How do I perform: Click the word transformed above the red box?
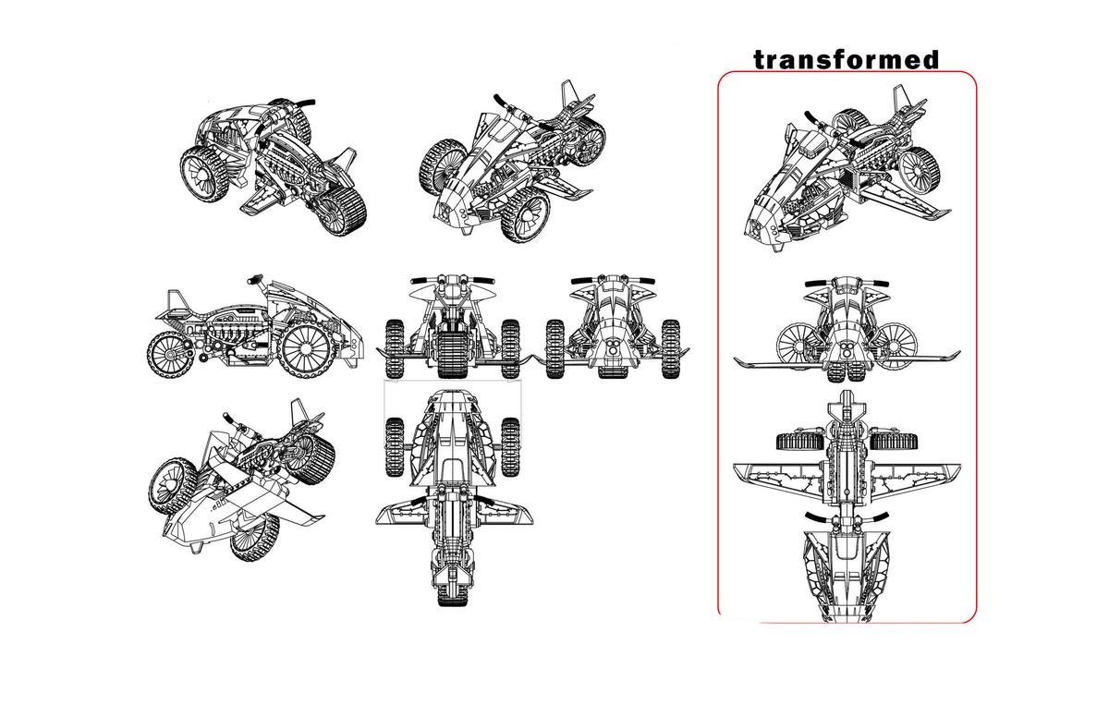pyautogui.click(x=846, y=59)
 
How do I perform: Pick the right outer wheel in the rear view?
pyautogui.click(x=510, y=348)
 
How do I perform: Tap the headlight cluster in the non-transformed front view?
pyautogui.click(x=613, y=346)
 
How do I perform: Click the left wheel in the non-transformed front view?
pyautogui.click(x=555, y=349)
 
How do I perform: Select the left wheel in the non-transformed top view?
pyautogui.click(x=395, y=447)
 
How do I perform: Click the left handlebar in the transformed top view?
pyautogui.click(x=819, y=518)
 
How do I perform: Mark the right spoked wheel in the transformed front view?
pyautogui.click(x=896, y=346)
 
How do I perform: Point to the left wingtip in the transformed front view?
pyautogui.click(x=738, y=361)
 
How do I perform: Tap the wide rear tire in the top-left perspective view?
pyautogui.click(x=342, y=211)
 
